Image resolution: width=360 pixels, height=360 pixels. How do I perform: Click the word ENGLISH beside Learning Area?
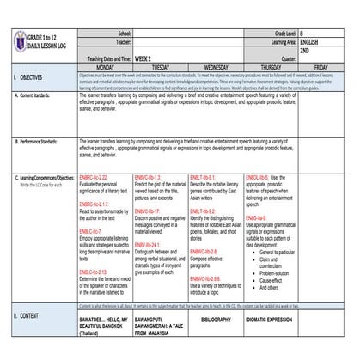(310, 41)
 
